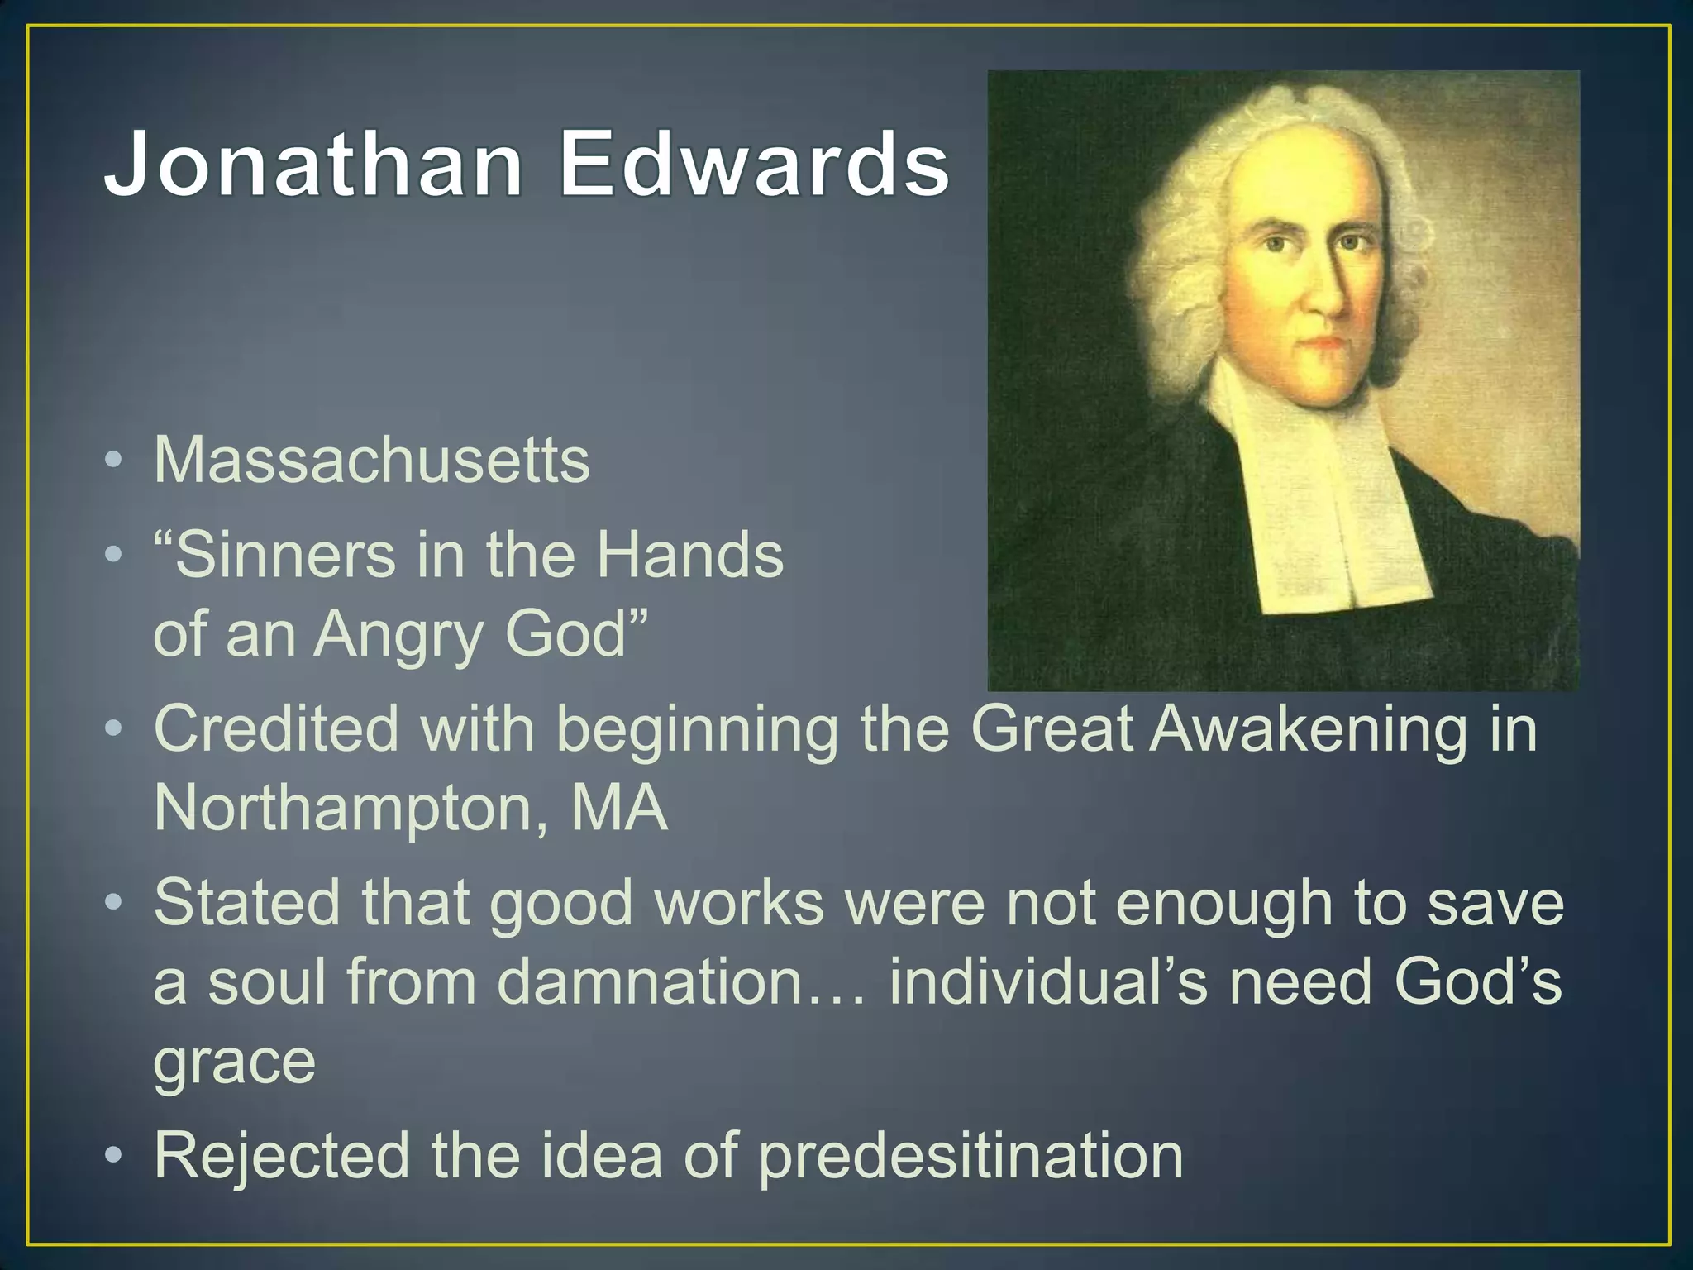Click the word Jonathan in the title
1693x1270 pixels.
312,163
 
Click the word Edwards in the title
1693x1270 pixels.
754,163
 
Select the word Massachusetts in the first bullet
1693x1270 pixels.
372,460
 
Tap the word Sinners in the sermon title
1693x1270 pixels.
275,555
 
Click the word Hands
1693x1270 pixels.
689,555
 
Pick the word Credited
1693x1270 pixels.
276,729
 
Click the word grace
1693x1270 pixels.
235,1062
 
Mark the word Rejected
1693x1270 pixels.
282,1155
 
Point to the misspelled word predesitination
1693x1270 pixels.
970,1157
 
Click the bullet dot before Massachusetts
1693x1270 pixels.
115,460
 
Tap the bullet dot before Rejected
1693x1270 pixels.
115,1155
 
